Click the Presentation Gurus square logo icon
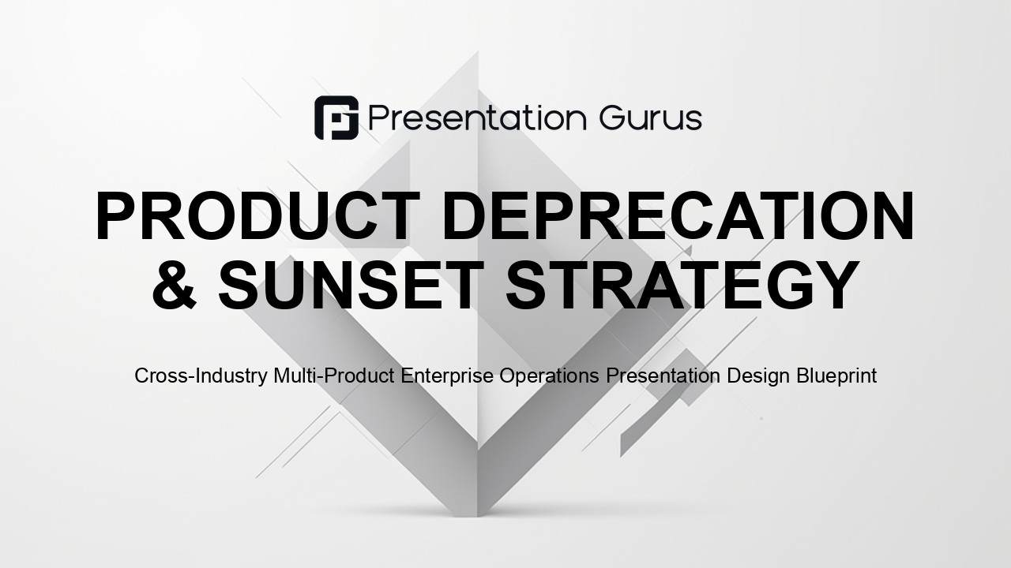(x=336, y=118)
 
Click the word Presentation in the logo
(x=478, y=118)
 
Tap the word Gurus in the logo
(x=651, y=118)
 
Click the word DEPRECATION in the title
(x=678, y=215)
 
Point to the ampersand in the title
(x=175, y=285)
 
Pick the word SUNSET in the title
(x=347, y=285)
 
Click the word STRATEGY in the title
(x=682, y=285)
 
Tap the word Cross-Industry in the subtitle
(x=201, y=376)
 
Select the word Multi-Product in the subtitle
(x=334, y=375)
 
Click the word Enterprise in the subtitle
(x=447, y=376)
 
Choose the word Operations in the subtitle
(x=549, y=376)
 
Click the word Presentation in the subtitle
(x=663, y=375)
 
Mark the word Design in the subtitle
(x=758, y=376)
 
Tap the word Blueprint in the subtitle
(x=836, y=376)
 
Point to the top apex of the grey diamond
(x=478, y=51)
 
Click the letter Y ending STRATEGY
(x=836, y=285)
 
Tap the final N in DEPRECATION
(x=893, y=215)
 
